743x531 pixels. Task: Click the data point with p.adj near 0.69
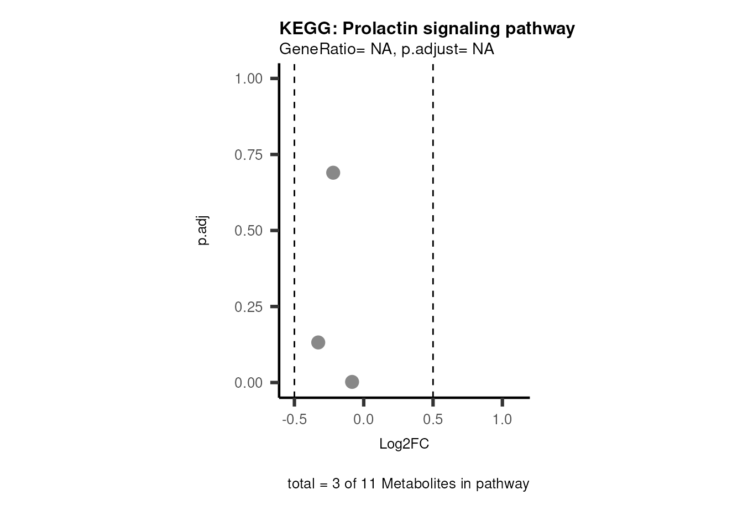[x=333, y=173]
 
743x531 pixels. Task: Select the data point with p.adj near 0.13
[x=318, y=342]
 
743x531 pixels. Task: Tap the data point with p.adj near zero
[x=352, y=382]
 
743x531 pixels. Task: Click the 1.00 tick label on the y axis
[x=248, y=79]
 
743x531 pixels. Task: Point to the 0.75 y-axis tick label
[x=248, y=155]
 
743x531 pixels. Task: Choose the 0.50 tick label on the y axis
[x=248, y=231]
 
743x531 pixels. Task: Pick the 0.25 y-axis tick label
[x=248, y=307]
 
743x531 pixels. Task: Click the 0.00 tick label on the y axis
[x=248, y=383]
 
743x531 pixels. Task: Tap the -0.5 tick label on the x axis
[x=294, y=420]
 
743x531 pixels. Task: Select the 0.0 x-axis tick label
[x=364, y=420]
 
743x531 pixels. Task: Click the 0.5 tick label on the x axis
[x=433, y=420]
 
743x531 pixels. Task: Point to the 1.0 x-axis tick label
[x=502, y=420]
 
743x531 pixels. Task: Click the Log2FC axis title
[x=404, y=444]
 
